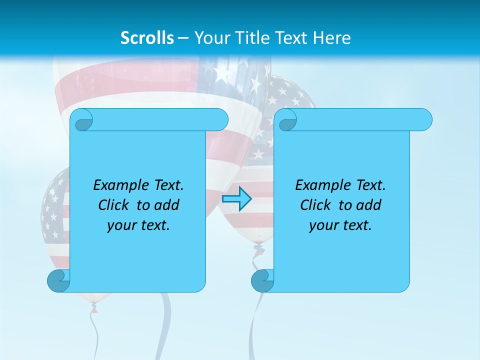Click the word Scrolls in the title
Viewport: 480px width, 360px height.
147,37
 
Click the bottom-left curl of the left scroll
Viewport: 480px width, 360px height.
58,280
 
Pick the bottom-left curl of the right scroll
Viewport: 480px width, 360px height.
262,280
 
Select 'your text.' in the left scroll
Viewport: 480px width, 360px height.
138,225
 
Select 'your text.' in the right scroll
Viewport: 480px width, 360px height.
340,225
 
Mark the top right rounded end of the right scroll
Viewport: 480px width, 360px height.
422,119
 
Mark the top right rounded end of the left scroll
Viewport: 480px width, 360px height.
218,119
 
